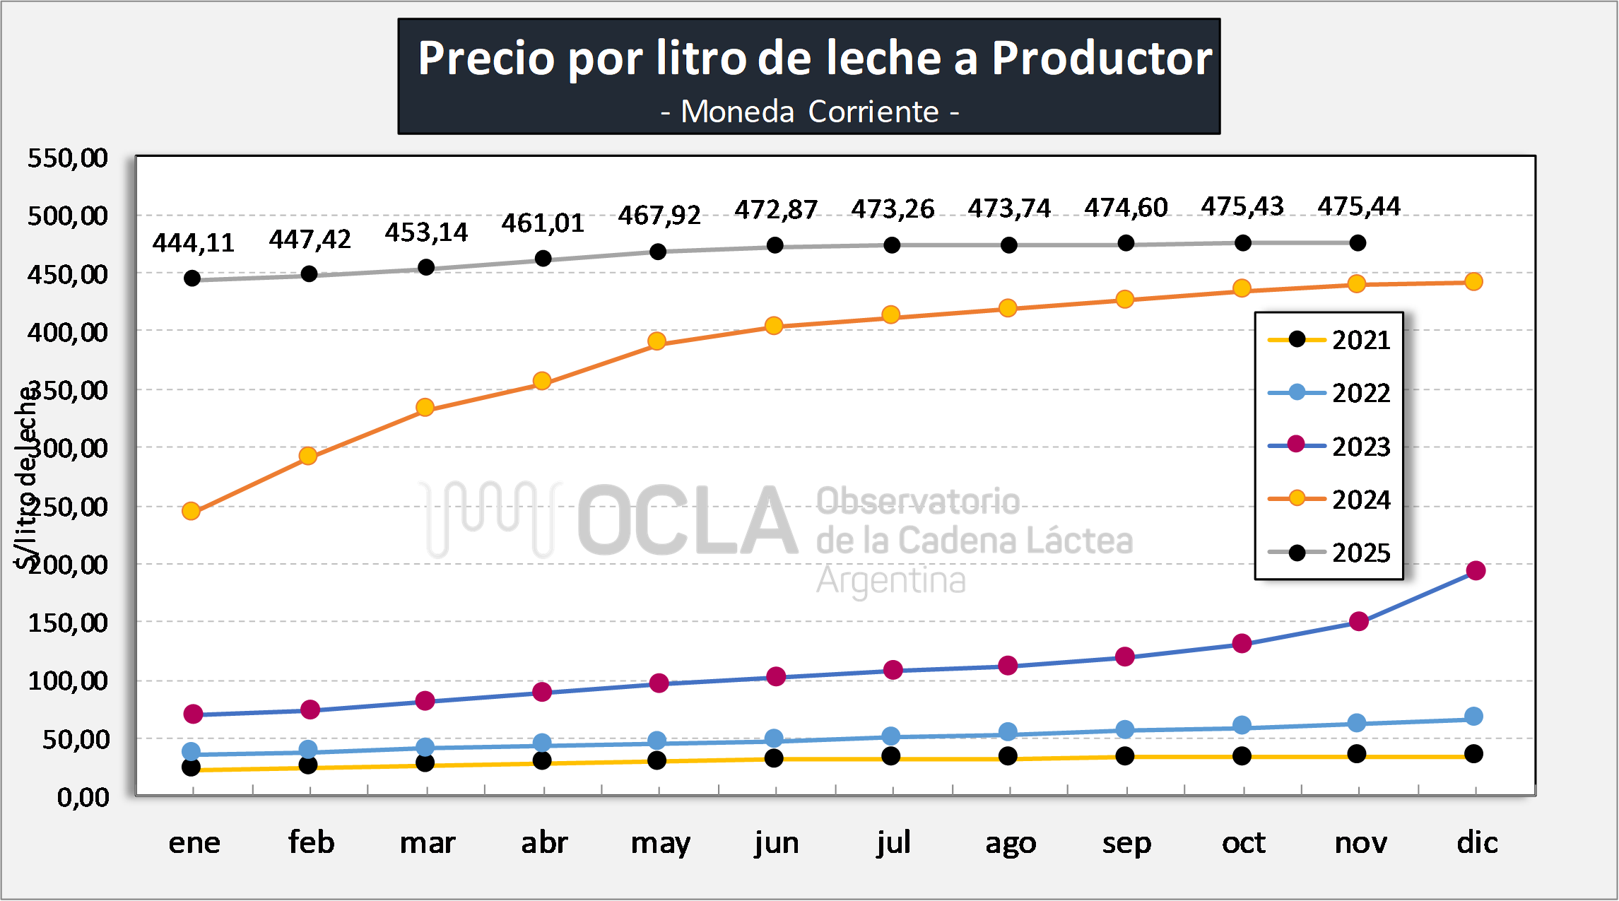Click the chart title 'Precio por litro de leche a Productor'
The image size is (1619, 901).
tap(815, 58)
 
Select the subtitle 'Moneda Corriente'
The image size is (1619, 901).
tap(809, 112)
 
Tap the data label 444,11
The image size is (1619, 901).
tap(193, 243)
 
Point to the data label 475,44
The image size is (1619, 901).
tap(1358, 206)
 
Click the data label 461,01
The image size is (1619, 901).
tap(543, 223)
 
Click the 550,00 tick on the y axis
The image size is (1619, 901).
tap(68, 158)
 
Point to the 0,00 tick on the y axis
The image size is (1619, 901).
tap(83, 797)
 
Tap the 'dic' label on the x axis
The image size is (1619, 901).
tap(1477, 842)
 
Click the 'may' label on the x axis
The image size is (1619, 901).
tap(660, 842)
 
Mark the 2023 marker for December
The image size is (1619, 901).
tap(1476, 570)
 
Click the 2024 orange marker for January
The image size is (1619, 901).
tap(191, 511)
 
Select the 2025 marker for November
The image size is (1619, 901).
tap(1358, 243)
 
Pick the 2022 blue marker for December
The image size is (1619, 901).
tap(1473, 717)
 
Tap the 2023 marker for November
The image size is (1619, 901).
tap(1358, 621)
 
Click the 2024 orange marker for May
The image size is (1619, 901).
tap(657, 341)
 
